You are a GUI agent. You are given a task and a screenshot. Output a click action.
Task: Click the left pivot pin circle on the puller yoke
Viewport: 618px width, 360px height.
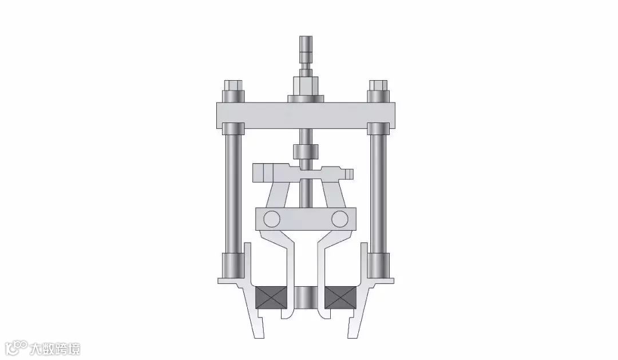pyautogui.click(x=272, y=219)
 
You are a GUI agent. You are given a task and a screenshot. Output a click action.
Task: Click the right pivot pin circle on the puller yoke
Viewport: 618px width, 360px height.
pyautogui.click(x=339, y=219)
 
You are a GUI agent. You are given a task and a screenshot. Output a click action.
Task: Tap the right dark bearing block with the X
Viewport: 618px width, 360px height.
pyautogui.click(x=341, y=297)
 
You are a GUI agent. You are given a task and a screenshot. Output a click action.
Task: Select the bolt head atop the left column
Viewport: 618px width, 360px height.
pyautogui.click(x=232, y=85)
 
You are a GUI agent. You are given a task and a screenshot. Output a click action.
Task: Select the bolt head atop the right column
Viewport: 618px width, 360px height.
pyautogui.click(x=378, y=85)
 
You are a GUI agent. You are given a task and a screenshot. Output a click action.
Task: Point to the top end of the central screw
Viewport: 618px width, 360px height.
pyautogui.click(x=306, y=37)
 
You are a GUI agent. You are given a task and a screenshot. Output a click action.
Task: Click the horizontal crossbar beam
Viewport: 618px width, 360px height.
pyautogui.click(x=306, y=115)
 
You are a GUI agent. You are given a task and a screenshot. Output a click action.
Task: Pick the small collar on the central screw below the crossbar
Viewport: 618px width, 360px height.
pyautogui.click(x=306, y=151)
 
